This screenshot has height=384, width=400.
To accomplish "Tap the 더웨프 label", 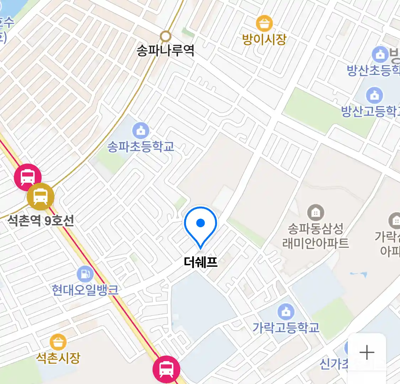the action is [x=201, y=262].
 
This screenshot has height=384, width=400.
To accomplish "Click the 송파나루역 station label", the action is [x=165, y=50].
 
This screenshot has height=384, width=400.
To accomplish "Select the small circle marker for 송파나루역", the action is [x=165, y=36].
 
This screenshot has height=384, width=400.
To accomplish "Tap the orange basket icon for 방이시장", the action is [x=264, y=23].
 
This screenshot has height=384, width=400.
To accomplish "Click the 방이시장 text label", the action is [x=264, y=39].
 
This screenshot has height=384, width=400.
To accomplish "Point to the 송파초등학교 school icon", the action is [x=141, y=130].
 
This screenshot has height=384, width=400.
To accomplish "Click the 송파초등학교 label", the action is [x=141, y=146].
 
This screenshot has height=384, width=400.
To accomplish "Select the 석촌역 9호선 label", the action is [x=41, y=221].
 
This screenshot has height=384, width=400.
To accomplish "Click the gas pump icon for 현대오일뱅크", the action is [x=85, y=274].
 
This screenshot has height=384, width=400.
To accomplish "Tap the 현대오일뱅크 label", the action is [x=85, y=290].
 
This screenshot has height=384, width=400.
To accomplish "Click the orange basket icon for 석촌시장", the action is [x=58, y=342].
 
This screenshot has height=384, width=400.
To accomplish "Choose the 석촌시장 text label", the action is [x=58, y=357].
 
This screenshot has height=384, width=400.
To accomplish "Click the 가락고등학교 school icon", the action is [x=286, y=312].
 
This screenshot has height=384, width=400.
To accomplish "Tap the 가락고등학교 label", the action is [x=286, y=327].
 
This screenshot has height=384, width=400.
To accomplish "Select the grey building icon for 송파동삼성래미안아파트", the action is [x=315, y=213].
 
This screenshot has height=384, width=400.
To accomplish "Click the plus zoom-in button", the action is [x=367, y=353].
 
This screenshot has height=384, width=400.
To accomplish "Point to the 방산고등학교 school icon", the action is [x=374, y=95].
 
